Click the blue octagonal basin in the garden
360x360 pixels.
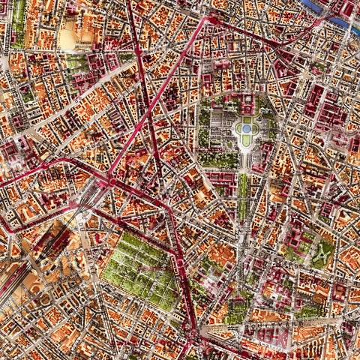[246, 129]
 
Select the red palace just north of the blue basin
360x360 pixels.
[246, 104]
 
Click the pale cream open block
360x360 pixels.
[69, 34]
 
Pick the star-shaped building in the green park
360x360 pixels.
[322, 256]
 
